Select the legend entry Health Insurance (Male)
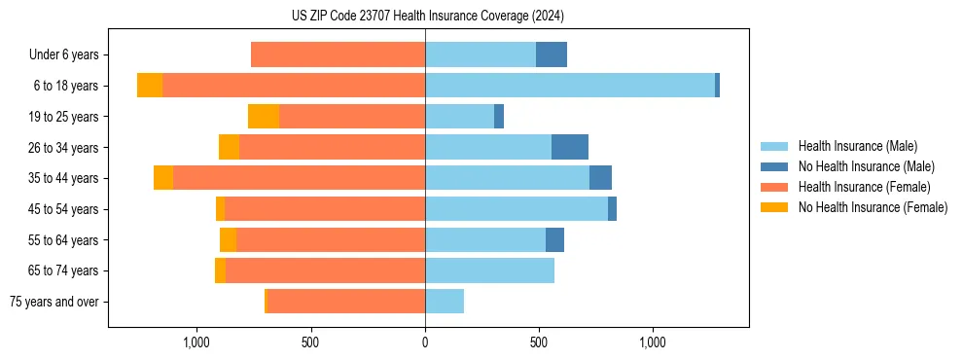tap(857, 146)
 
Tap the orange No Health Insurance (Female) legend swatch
tap(774, 207)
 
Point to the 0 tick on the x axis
tap(425, 342)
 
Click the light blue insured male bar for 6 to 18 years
tap(569, 86)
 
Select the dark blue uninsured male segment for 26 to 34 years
tap(570, 147)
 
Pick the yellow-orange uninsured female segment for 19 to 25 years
tap(264, 117)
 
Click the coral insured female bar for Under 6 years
tap(338, 54)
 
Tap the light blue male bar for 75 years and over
tap(445, 302)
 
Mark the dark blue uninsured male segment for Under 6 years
tap(552, 54)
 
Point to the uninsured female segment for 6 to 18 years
tap(150, 86)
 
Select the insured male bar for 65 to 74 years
tap(489, 270)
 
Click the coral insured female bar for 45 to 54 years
tap(325, 209)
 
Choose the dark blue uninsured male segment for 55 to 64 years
tap(554, 239)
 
